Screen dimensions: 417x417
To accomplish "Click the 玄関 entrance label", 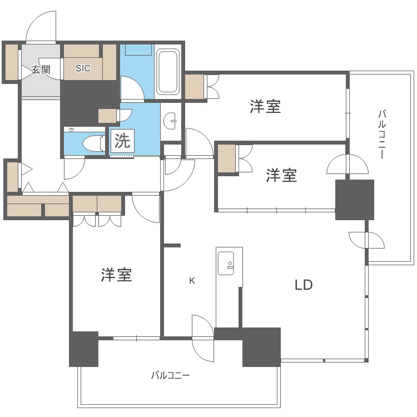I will point(41,69).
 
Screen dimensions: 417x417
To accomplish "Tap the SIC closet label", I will point(83,68).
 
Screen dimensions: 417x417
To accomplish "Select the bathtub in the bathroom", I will point(167,72).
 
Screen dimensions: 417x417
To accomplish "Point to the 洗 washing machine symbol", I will point(122,141).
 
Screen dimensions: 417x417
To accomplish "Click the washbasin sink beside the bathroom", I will point(172,121).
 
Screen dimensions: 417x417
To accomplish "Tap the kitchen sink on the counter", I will point(227,262).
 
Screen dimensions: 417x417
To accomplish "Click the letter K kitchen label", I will point(192,281).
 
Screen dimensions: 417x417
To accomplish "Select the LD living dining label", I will point(304,285).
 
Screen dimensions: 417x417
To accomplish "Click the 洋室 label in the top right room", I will point(265,106).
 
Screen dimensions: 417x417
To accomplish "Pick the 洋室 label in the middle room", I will point(281,176).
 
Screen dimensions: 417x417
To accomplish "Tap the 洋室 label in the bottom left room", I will point(116,275).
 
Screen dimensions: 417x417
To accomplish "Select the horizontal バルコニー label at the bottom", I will point(170,375).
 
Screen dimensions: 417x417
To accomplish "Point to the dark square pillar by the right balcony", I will point(355,200).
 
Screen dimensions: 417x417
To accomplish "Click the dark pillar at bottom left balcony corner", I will point(83,349).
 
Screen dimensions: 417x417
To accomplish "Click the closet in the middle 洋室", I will point(227,159).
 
